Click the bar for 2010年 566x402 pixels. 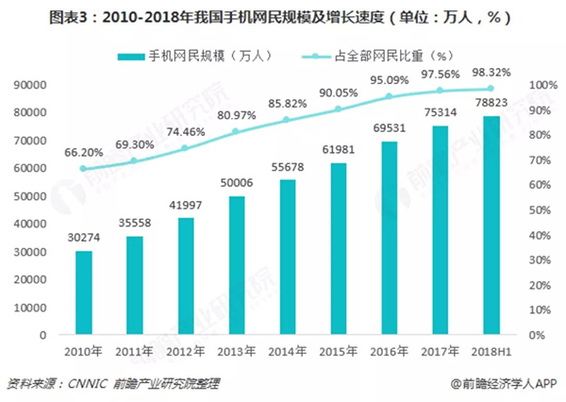85,293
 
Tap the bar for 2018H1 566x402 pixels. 491,226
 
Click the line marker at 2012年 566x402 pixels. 186,148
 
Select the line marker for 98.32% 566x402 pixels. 491,89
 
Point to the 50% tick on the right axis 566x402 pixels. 537,210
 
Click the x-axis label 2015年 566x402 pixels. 339,351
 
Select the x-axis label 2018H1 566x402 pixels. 490,351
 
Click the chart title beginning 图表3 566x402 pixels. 282,16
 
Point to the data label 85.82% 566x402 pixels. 288,102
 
